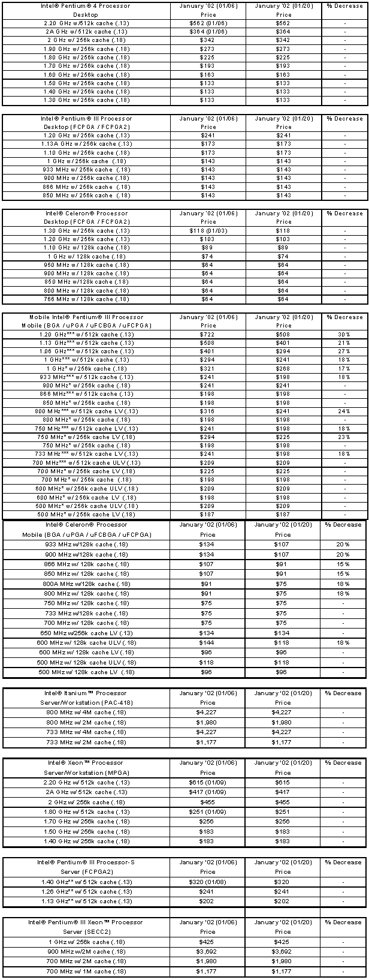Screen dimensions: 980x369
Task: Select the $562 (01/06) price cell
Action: (208, 23)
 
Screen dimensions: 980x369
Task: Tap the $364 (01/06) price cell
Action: (208, 32)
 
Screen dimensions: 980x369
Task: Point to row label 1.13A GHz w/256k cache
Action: (87, 144)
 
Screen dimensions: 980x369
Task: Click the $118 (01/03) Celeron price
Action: (208, 230)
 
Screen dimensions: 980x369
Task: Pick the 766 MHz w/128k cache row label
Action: (87, 299)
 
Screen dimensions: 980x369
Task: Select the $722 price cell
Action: (208, 334)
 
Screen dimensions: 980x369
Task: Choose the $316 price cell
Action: (208, 411)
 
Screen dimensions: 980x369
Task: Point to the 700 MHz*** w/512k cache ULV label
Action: (87, 462)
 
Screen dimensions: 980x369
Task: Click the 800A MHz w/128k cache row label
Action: (87, 584)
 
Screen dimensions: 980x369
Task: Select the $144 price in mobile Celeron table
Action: (208, 643)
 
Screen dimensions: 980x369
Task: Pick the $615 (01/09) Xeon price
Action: (208, 783)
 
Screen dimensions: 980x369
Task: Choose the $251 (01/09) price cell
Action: (208, 812)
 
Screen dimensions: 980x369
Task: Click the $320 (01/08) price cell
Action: (208, 882)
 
